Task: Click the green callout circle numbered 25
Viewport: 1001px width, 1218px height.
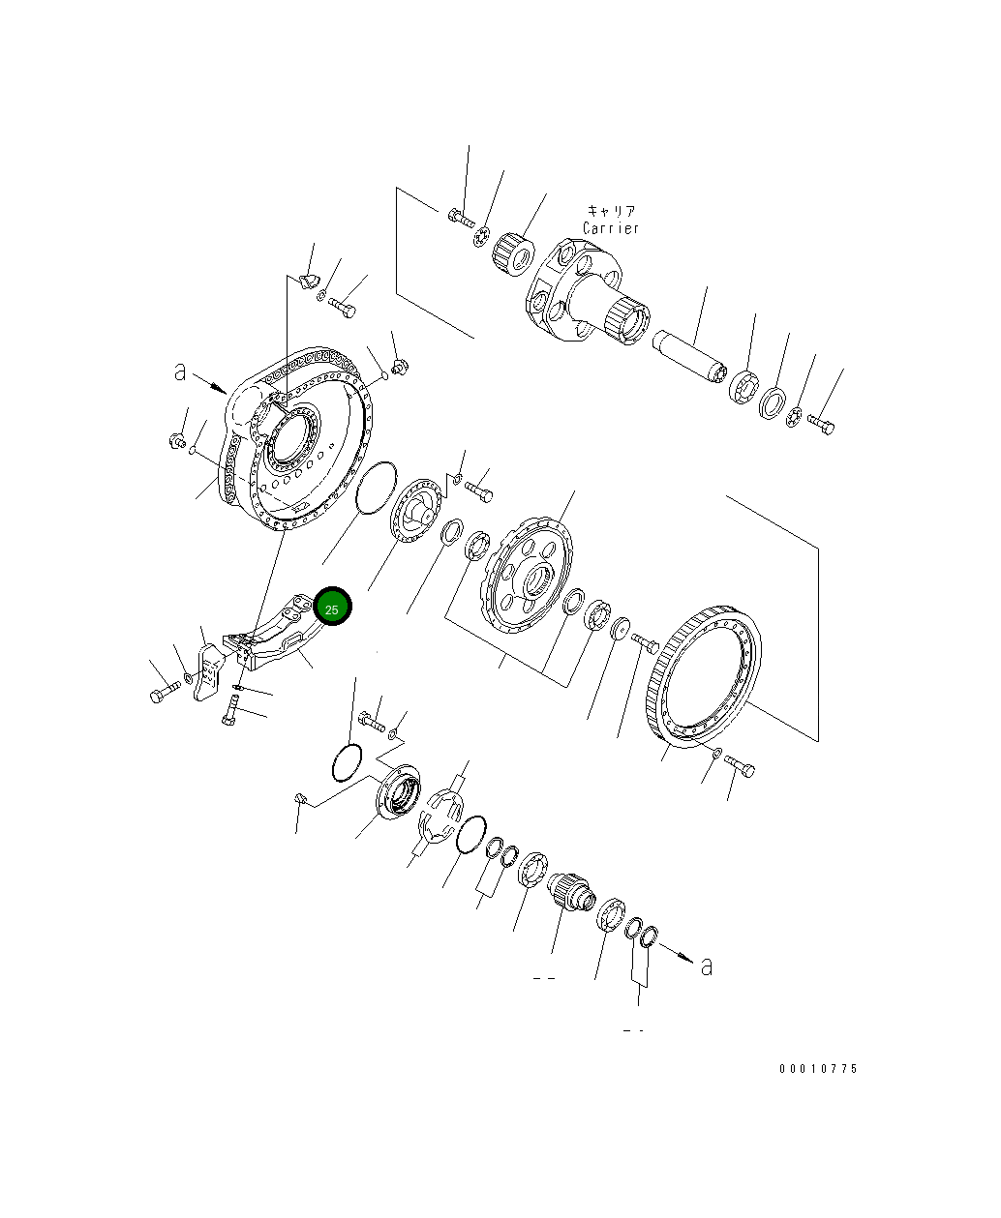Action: [x=332, y=608]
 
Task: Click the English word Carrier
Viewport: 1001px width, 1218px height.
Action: [x=611, y=229]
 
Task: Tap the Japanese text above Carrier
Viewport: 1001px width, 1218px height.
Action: [x=611, y=211]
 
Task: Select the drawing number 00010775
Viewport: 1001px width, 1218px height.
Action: [x=818, y=1069]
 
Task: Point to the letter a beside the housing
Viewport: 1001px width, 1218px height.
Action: [x=180, y=371]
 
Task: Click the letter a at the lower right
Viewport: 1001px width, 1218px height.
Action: [x=707, y=965]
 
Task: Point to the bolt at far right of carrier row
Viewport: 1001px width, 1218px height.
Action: [x=821, y=423]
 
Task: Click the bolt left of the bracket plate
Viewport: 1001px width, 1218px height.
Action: [x=165, y=691]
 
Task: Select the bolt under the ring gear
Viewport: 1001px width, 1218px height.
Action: [x=742, y=767]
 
